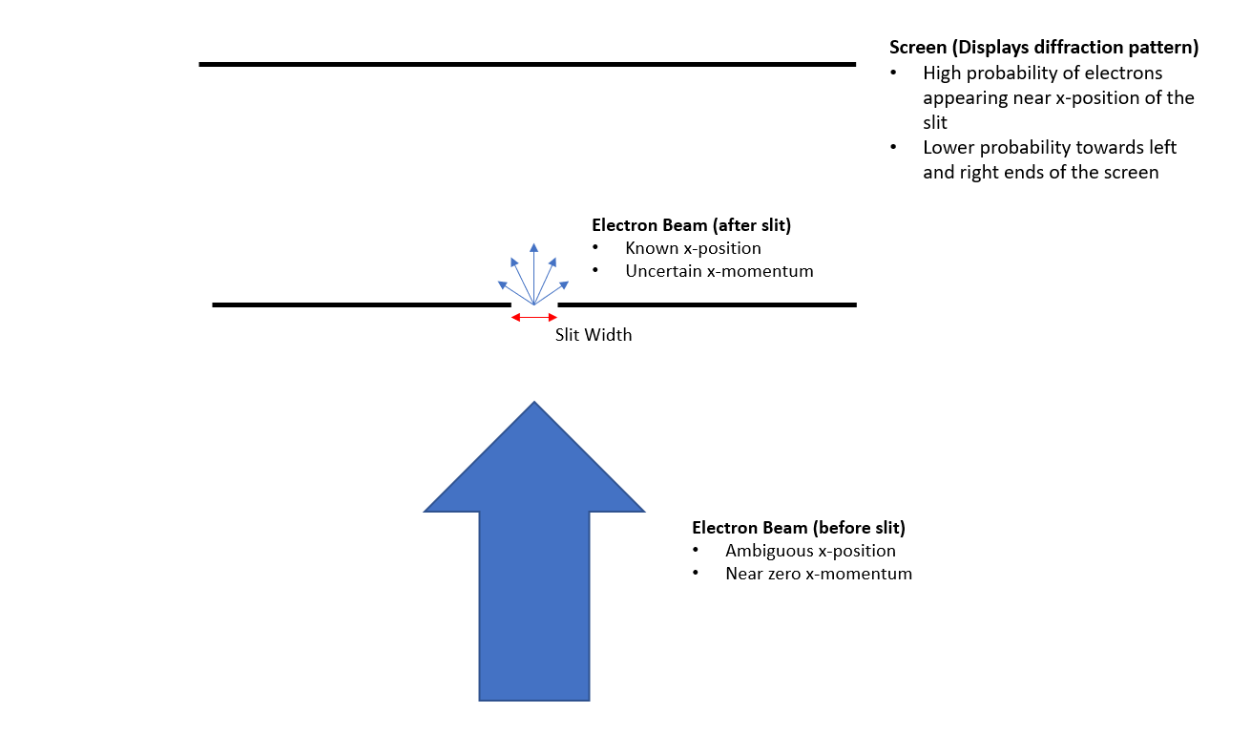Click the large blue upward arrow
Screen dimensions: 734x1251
(534, 592)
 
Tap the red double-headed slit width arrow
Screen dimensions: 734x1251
(534, 317)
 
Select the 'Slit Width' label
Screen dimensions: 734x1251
(594, 335)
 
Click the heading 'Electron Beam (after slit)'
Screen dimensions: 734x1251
(692, 225)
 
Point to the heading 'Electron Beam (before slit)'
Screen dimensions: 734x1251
(798, 528)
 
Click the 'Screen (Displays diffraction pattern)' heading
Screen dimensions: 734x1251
(1043, 48)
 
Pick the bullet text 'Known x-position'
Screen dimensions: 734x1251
(693, 248)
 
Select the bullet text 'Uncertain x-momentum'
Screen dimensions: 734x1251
(719, 271)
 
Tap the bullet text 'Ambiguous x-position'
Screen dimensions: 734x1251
(810, 551)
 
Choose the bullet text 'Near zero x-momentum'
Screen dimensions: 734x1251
(818, 574)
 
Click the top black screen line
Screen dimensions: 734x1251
(527, 64)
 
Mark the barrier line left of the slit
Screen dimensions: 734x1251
(362, 304)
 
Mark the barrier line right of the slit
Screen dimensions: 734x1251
(706, 304)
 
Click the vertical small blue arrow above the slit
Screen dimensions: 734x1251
(534, 272)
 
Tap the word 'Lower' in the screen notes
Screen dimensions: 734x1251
(948, 148)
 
